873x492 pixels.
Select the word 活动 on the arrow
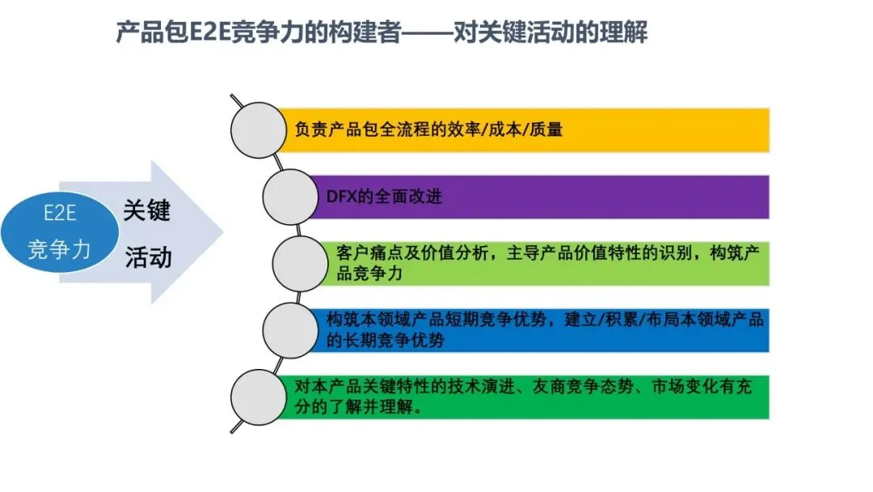click(x=148, y=257)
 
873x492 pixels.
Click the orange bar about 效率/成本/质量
click(x=525, y=129)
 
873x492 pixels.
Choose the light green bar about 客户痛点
click(x=546, y=263)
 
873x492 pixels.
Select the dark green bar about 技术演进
click(x=525, y=397)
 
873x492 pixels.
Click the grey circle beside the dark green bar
click(x=258, y=397)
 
